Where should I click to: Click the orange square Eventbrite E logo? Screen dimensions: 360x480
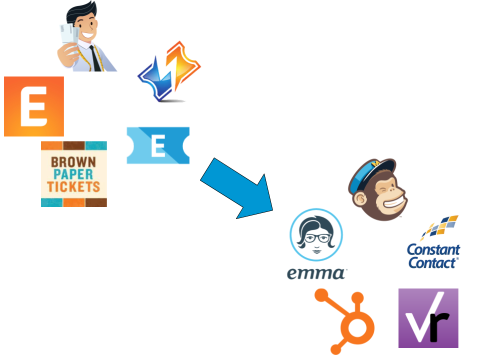(x=34, y=106)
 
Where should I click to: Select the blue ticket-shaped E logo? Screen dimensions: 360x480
(x=158, y=145)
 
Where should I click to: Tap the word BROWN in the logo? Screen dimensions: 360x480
(x=74, y=162)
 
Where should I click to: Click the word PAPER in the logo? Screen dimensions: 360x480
(x=74, y=174)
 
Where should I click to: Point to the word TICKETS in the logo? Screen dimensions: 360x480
(x=74, y=187)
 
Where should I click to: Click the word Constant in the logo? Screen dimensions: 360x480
(x=433, y=249)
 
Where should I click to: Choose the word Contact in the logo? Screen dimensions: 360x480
(x=433, y=262)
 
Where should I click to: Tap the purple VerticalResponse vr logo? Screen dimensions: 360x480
(x=428, y=318)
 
